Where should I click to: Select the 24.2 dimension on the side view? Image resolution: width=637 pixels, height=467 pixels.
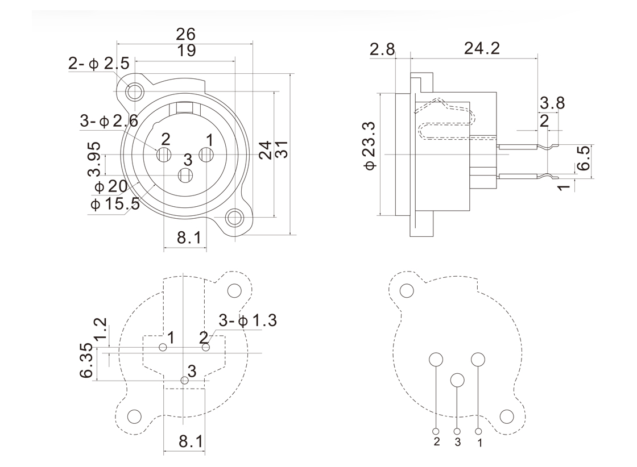tap(482, 48)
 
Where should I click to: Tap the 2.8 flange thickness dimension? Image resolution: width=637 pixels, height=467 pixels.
tap(382, 49)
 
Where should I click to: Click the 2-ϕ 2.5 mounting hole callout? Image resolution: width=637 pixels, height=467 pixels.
tap(98, 64)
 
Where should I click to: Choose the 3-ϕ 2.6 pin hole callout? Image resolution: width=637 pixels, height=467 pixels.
tap(109, 120)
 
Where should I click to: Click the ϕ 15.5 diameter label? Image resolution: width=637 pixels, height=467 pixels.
tap(114, 203)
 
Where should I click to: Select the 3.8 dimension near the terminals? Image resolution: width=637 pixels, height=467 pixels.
tap(552, 103)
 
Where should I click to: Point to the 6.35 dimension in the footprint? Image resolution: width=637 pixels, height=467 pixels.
tap(86, 361)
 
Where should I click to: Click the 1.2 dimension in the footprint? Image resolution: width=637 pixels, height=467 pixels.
tap(100, 330)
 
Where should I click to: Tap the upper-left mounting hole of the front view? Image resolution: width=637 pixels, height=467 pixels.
tap(135, 91)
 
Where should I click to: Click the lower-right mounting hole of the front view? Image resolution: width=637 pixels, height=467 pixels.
tap(234, 218)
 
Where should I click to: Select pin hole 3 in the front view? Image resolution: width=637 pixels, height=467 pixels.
tap(185, 176)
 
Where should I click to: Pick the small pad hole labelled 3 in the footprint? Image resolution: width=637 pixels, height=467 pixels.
tap(183, 380)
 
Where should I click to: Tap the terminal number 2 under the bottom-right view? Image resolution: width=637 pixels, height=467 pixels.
tap(437, 442)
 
